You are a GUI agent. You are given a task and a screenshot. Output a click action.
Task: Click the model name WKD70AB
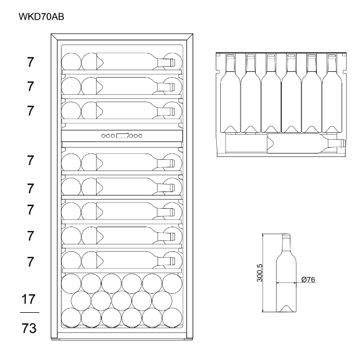tap(41, 17)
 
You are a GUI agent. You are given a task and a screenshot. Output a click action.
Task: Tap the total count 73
tap(29, 328)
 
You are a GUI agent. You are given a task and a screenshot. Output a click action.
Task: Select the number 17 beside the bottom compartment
tap(29, 299)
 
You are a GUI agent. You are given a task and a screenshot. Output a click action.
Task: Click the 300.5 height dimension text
tap(259, 273)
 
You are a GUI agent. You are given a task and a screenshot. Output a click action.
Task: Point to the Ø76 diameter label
tap(308, 279)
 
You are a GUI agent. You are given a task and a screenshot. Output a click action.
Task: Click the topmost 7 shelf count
tap(30, 62)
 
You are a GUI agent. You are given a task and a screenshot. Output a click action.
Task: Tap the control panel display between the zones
tap(122, 136)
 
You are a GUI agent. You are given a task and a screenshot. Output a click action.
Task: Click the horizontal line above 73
tap(29, 313)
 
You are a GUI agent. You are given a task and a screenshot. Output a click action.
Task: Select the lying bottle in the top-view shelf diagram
tap(282, 143)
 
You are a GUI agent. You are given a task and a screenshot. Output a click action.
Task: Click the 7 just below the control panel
tap(30, 160)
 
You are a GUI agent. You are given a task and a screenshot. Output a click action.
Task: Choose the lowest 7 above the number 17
tap(30, 262)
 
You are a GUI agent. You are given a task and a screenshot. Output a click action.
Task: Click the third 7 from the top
tap(30, 111)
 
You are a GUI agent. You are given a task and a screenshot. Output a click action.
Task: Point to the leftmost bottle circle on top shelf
tap(71, 62)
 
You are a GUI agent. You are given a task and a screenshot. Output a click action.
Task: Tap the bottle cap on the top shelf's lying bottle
tap(171, 62)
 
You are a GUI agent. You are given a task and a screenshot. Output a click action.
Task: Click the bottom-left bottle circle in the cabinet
tap(71, 318)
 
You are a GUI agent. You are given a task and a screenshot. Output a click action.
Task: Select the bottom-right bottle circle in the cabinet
tap(171, 318)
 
